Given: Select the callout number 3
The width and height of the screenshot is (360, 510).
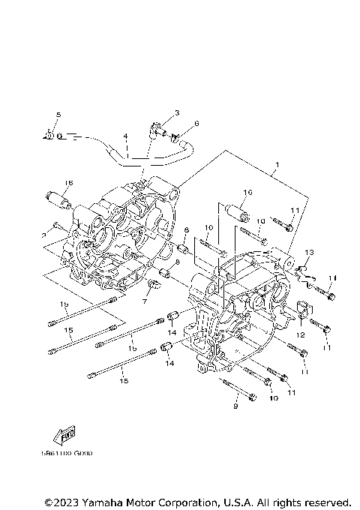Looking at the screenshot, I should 177,112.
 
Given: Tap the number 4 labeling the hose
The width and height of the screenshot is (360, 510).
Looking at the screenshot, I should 126,136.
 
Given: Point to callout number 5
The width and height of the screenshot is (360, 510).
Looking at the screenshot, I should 57,113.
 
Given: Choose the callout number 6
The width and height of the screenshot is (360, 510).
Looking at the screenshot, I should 196,124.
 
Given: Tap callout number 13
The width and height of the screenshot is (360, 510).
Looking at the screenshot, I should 308,253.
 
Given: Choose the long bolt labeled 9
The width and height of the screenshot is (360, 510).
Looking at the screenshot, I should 240,391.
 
